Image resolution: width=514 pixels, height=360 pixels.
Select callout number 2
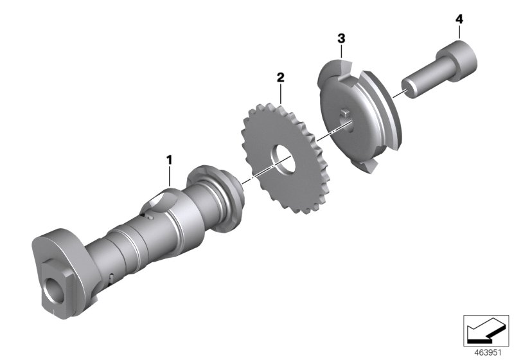point(280,77)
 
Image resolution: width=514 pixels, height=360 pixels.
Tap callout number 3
point(341,40)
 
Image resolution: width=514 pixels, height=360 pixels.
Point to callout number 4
point(459,19)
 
